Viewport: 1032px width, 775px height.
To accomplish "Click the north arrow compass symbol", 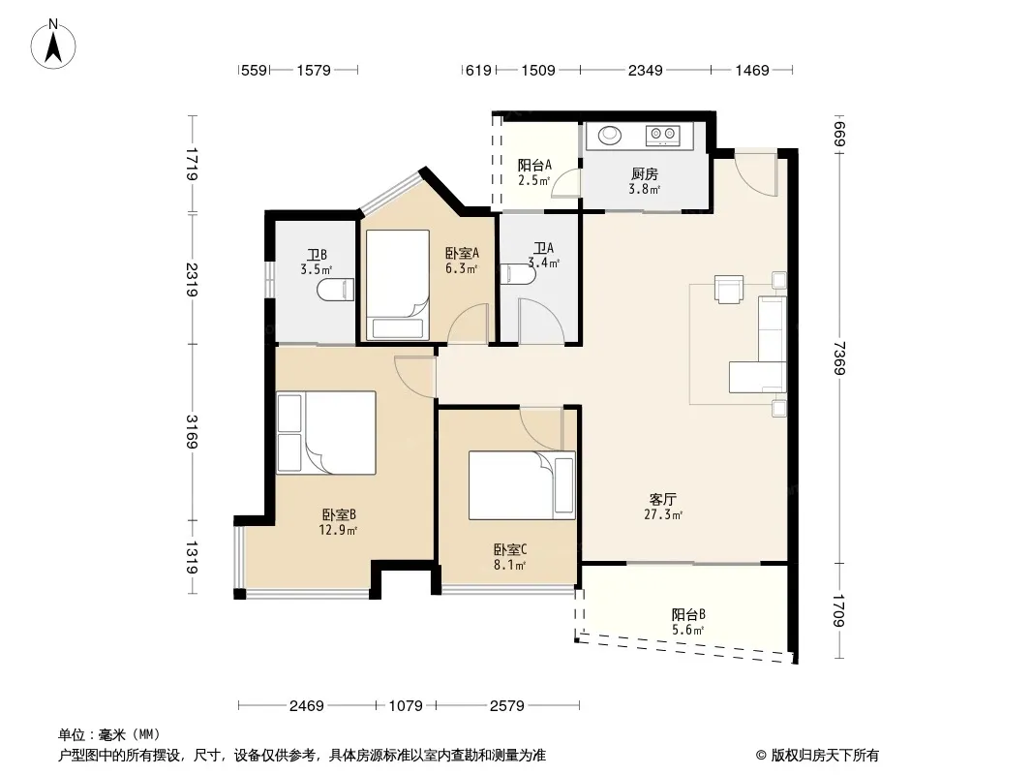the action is click(x=53, y=45).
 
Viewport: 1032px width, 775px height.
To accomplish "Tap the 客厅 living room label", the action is click(x=662, y=500).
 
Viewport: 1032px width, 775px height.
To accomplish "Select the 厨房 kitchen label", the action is click(x=644, y=174).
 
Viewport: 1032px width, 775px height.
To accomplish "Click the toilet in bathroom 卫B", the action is click(x=336, y=290).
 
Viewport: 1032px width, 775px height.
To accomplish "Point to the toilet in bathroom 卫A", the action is click(x=518, y=274).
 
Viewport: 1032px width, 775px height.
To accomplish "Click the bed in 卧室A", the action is click(x=398, y=285).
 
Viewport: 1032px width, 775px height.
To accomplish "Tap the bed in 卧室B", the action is click(x=326, y=433).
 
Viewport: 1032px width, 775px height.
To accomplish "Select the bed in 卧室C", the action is click(x=522, y=485).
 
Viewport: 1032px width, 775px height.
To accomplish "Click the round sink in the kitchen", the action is click(x=610, y=135).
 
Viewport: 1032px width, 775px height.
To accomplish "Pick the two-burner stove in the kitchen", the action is click(x=663, y=135).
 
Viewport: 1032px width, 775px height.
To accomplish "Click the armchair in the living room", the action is click(x=729, y=289).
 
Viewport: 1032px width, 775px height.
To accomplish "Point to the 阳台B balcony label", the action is click(x=688, y=615).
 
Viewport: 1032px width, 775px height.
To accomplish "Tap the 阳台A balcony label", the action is click(x=534, y=166).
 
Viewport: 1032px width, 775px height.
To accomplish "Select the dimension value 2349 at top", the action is click(x=645, y=70).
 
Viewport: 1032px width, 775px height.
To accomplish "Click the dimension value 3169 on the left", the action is click(x=192, y=432).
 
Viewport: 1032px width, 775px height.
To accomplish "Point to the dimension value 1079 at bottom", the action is click(x=406, y=706).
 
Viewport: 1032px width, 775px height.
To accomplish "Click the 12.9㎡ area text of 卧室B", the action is click(x=338, y=530).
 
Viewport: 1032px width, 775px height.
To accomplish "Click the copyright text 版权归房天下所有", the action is click(x=825, y=756).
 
